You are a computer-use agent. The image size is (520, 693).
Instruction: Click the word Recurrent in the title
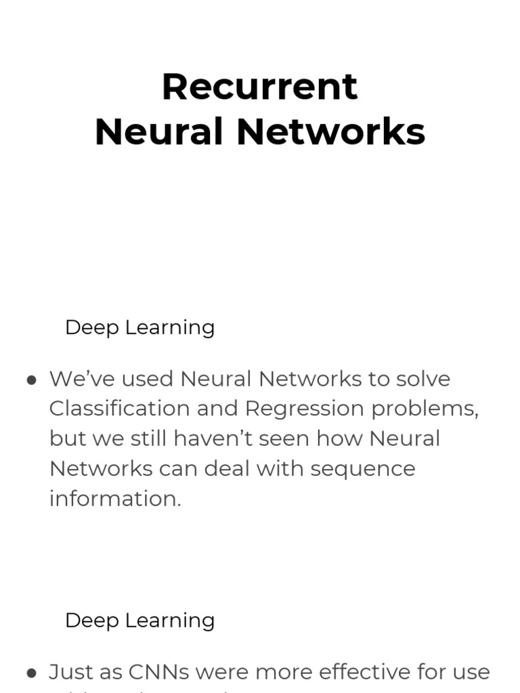click(x=259, y=87)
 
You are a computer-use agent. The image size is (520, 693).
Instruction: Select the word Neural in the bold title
click(x=159, y=132)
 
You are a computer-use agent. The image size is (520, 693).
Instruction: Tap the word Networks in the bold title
click(x=330, y=132)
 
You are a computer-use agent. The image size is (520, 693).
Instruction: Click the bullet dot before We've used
click(x=31, y=380)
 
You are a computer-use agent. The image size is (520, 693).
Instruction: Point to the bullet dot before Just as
click(x=31, y=673)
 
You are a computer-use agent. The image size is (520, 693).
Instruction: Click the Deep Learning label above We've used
click(x=139, y=328)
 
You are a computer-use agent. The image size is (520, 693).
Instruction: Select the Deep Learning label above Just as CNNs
click(x=139, y=621)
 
